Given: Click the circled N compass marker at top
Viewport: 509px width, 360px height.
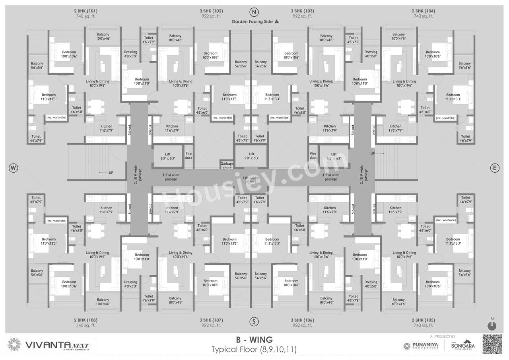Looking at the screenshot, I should point(254,12).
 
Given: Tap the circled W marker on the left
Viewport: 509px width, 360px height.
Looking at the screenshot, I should point(13,168).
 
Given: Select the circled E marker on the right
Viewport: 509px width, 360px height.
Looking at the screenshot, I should point(494,168).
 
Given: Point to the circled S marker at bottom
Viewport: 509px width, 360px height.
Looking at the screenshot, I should point(254,321).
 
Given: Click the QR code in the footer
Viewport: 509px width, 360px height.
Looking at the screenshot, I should point(492,344).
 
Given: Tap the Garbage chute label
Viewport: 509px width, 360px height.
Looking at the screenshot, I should point(227,165).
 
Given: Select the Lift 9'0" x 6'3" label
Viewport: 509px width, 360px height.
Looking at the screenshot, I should point(251,156).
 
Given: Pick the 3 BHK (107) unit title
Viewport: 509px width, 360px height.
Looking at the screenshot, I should point(211,320).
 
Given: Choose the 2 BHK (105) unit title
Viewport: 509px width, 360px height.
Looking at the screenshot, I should point(423,320).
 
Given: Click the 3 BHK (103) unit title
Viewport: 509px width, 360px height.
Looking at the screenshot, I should point(302,11).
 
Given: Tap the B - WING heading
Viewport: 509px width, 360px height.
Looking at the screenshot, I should point(254,340).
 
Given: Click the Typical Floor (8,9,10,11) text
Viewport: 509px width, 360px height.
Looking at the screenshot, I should point(254,350).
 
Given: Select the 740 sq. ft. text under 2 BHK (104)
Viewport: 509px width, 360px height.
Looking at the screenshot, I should point(423,16).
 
